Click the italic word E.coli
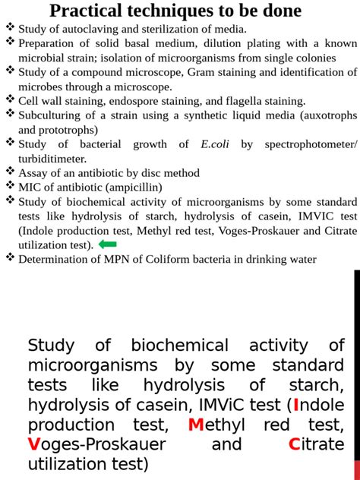[x=215, y=144]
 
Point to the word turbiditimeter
[x=52, y=158]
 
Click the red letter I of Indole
[x=296, y=404]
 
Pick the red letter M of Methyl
[x=196, y=425]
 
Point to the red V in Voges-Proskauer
[x=33, y=444]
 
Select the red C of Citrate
[x=294, y=444]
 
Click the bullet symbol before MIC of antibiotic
[x=10, y=186]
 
